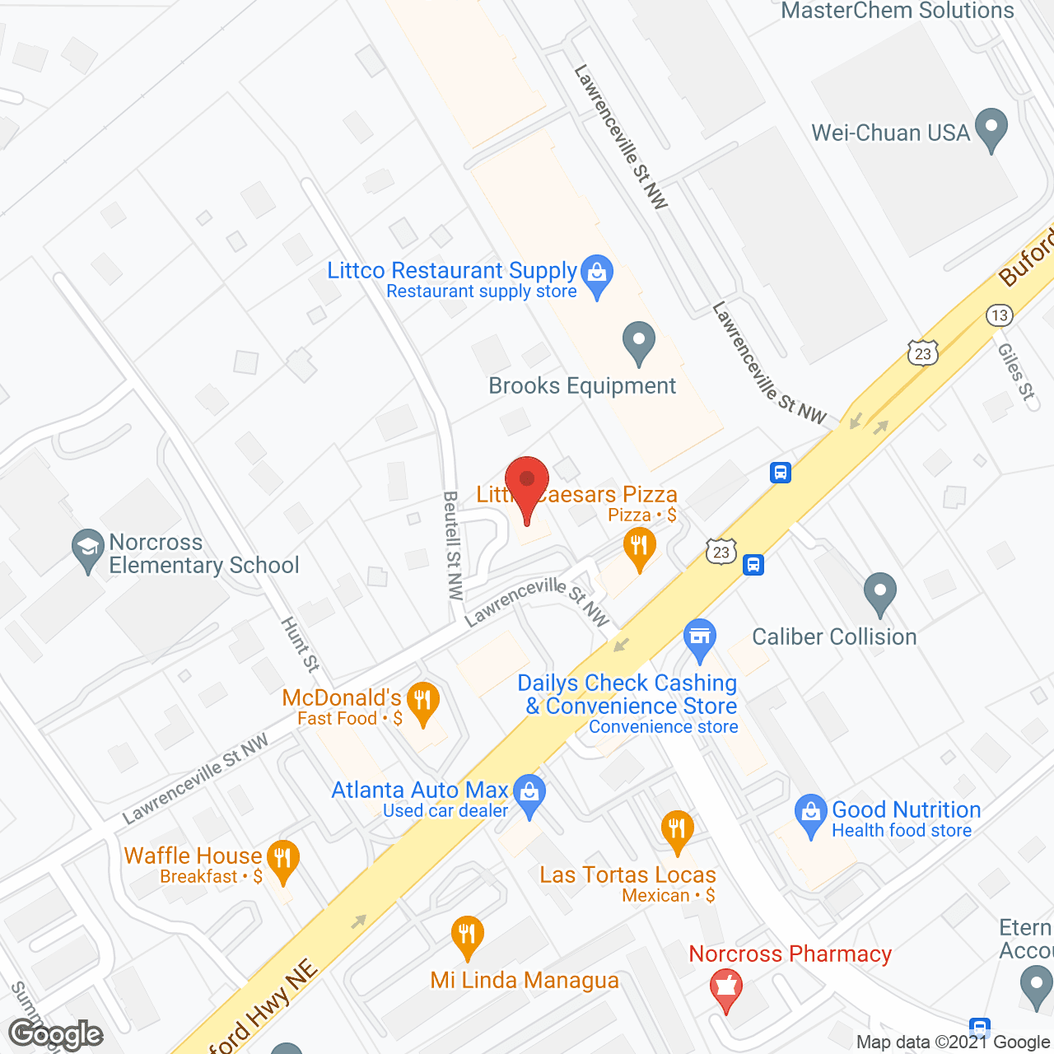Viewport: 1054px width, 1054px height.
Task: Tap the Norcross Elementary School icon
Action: click(86, 550)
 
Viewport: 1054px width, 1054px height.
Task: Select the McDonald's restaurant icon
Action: click(422, 702)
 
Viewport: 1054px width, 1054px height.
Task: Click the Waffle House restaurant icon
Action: click(282, 860)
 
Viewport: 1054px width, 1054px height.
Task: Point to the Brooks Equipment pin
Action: click(638, 342)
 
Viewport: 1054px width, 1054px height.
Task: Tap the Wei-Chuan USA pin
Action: click(991, 128)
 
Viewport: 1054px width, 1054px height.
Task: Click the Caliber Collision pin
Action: click(879, 593)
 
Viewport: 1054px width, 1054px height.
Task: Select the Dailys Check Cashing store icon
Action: click(700, 639)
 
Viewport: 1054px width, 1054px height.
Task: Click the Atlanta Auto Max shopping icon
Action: click(529, 795)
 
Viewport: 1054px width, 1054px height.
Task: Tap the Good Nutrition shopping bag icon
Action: click(811, 814)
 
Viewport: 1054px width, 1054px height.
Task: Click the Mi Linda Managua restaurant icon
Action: click(468, 936)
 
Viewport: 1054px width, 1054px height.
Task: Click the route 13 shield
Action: click(999, 315)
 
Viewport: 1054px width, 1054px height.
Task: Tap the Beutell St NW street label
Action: click(454, 544)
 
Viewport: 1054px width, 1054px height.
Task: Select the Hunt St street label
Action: click(301, 644)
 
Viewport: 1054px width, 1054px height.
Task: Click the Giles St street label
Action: click(1016, 371)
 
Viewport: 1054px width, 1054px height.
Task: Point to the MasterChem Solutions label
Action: click(898, 11)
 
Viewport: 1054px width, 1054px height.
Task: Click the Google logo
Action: click(56, 1034)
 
